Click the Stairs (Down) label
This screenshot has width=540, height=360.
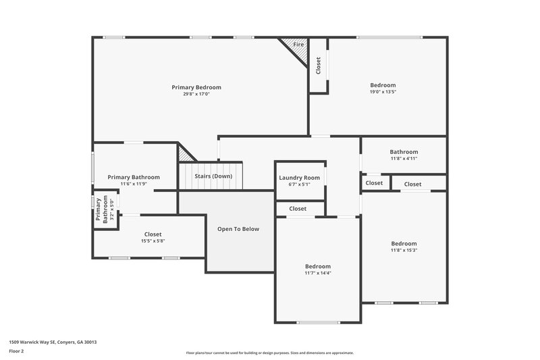click(213, 176)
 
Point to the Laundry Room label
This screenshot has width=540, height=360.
click(299, 178)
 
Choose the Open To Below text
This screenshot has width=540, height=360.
click(238, 229)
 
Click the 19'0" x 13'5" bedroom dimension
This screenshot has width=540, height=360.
click(382, 92)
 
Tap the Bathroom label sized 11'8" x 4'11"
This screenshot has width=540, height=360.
click(404, 152)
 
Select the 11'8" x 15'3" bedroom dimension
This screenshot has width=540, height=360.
click(404, 250)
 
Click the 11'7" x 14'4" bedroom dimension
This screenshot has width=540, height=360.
click(317, 273)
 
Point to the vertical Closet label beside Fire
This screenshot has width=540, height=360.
click(319, 65)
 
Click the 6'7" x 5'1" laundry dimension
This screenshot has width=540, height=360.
click(299, 184)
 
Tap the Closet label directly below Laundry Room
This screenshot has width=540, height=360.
click(298, 209)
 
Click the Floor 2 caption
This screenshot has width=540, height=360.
click(16, 351)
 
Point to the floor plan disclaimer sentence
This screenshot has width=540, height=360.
click(270, 353)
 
